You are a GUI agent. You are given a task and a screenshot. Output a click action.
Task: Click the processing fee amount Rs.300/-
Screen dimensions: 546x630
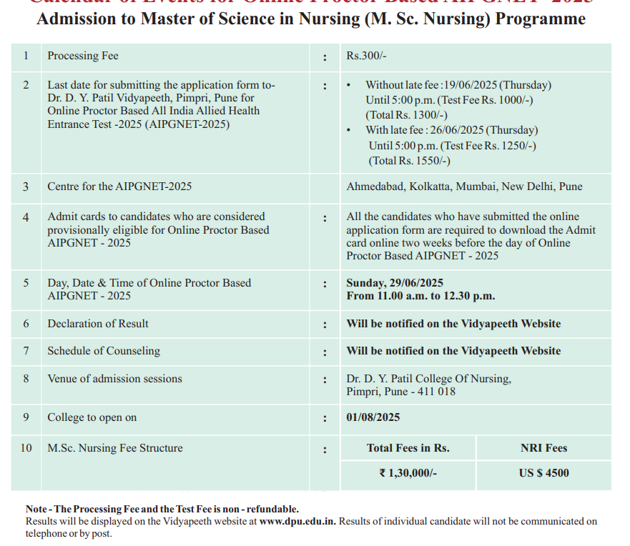click(x=366, y=56)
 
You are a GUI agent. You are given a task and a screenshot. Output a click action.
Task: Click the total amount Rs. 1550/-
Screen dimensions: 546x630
click(x=410, y=161)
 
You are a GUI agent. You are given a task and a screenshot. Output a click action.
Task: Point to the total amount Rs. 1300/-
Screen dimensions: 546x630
click(x=406, y=115)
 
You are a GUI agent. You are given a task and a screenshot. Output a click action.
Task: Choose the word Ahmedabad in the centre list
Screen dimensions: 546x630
click(x=376, y=187)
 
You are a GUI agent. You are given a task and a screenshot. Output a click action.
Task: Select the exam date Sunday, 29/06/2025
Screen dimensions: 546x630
click(x=395, y=282)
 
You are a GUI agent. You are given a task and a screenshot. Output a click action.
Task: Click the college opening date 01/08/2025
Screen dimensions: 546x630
click(x=373, y=417)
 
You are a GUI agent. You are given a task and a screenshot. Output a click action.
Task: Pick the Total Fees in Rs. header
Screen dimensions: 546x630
click(x=408, y=448)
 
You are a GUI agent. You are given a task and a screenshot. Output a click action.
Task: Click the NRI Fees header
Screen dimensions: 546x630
click(x=543, y=448)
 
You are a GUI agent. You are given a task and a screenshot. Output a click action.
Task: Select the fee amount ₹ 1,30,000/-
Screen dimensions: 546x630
click(x=408, y=473)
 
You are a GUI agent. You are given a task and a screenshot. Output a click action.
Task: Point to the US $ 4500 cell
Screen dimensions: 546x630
click(x=543, y=473)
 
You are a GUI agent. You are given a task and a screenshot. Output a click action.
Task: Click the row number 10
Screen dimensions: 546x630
click(x=26, y=448)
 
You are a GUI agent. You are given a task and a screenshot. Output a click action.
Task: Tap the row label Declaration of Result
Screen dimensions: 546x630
click(x=98, y=324)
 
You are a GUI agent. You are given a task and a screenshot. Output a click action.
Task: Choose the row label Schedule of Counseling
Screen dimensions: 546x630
click(x=104, y=351)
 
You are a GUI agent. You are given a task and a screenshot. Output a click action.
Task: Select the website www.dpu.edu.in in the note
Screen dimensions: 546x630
click(x=297, y=522)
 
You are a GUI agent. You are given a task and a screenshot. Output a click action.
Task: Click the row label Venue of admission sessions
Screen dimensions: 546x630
click(x=114, y=379)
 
